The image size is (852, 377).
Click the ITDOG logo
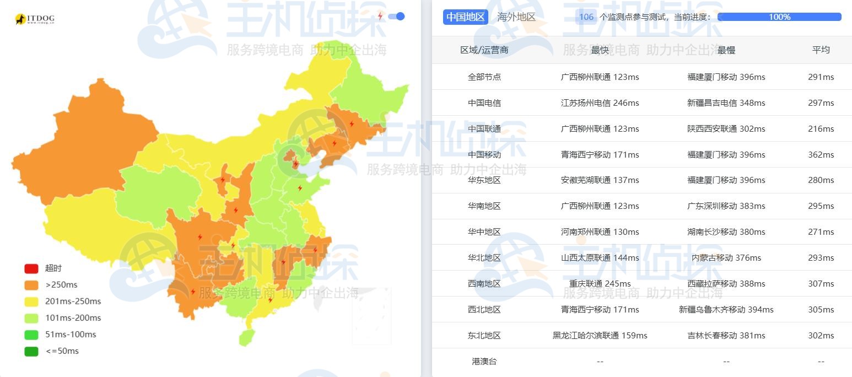tap(35, 19)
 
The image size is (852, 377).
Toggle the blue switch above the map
tap(396, 17)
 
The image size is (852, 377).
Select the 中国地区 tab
tap(465, 17)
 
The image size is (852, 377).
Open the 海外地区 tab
tap(516, 17)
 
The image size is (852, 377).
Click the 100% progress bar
tap(779, 17)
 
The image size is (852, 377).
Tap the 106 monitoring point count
tap(586, 17)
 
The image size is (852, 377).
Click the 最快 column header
tap(600, 50)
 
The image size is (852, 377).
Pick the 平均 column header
tap(821, 50)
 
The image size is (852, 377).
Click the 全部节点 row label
tap(484, 77)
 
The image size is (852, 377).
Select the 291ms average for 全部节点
tap(821, 77)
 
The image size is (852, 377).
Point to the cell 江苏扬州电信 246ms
tap(600, 103)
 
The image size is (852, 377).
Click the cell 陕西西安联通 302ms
tap(726, 129)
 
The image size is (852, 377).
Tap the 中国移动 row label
tap(484, 155)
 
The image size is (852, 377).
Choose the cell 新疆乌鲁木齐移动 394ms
tap(726, 310)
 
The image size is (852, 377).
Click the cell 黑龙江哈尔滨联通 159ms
tap(600, 336)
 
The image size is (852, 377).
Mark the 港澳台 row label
tap(484, 362)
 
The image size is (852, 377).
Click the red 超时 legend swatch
tap(31, 268)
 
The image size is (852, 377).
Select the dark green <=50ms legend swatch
tap(31, 351)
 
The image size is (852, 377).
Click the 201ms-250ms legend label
tap(73, 301)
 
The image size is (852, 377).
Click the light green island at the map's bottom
tap(245, 337)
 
